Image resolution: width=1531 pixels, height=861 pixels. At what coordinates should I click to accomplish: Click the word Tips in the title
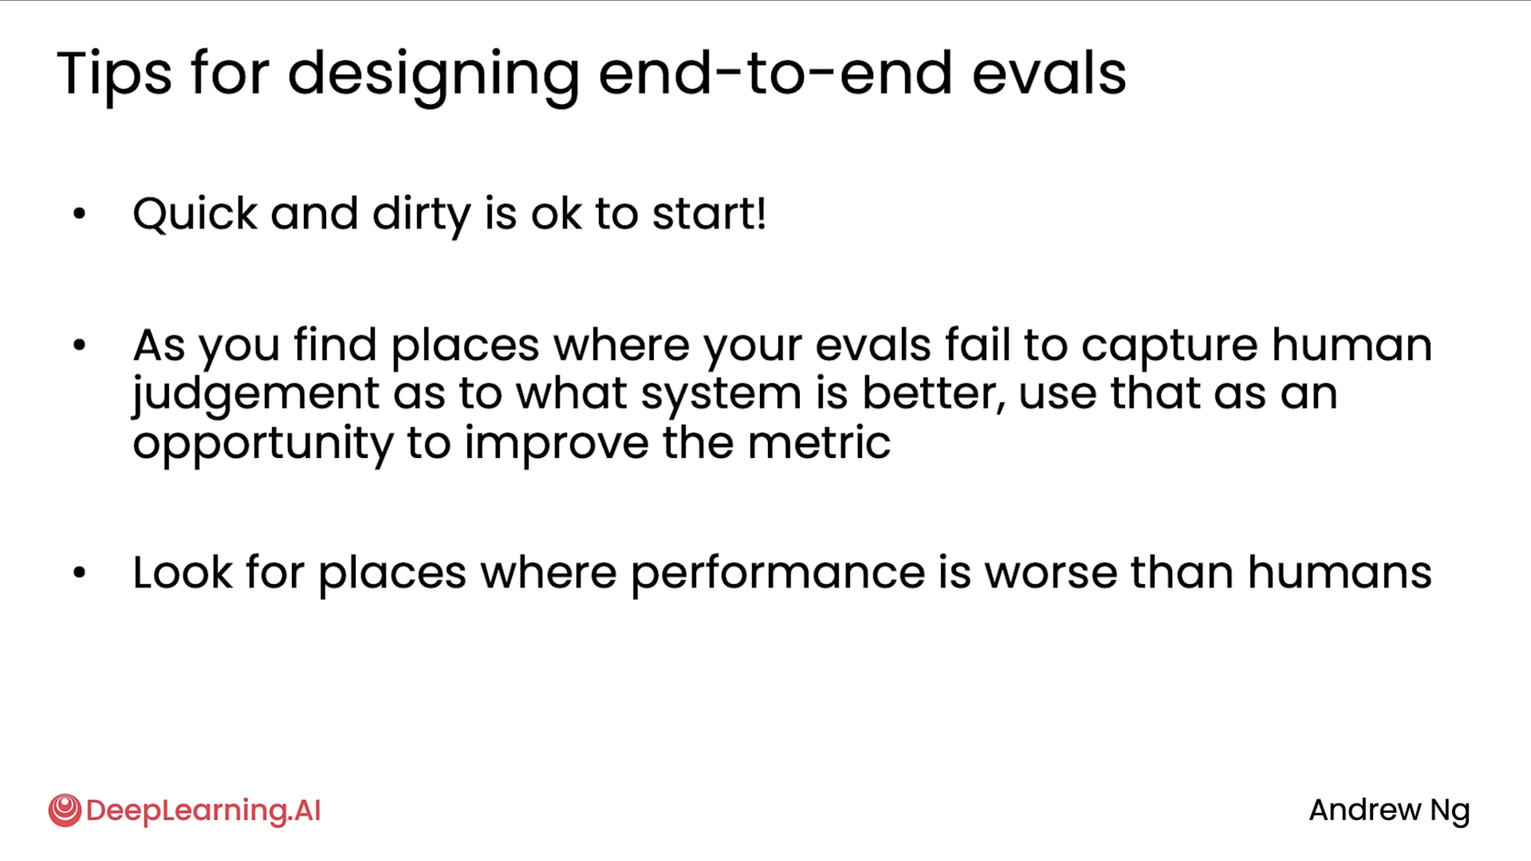pos(114,75)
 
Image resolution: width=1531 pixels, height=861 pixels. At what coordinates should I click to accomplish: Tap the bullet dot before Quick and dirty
pos(79,213)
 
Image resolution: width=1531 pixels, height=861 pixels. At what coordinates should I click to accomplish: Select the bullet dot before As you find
pos(79,345)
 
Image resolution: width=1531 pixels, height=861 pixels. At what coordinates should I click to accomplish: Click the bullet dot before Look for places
pos(79,572)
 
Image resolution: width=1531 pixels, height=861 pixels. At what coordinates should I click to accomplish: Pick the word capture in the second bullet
pos(1169,347)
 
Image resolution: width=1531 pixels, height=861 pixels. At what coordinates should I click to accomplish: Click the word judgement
pos(256,395)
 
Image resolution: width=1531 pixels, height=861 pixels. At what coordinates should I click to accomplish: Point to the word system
pos(721,396)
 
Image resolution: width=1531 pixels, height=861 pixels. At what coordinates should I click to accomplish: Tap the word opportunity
pos(263,444)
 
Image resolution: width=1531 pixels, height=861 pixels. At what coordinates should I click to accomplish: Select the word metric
pos(819,442)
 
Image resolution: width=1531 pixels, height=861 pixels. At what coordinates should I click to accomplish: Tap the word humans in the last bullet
pos(1339,571)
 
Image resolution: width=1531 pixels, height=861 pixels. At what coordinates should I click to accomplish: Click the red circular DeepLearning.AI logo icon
pos(65,810)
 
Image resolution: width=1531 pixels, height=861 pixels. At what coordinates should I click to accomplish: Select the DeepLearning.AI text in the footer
pos(203,811)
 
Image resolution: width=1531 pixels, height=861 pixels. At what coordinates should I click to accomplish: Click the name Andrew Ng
pos(1390,811)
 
